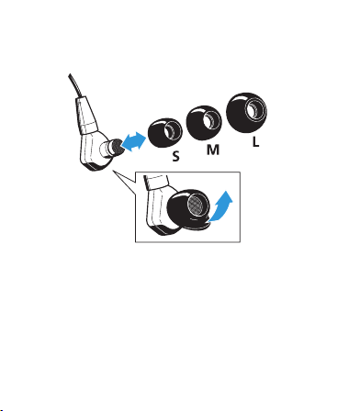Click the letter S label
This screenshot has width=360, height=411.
coord(175,156)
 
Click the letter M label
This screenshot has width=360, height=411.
coord(213,150)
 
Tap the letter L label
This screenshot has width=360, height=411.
coord(255,142)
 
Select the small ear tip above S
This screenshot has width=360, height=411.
coord(164,132)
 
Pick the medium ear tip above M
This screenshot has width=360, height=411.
coord(204,122)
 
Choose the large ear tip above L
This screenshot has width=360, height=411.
coord(246,112)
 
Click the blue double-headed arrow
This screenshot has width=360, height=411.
coord(134,141)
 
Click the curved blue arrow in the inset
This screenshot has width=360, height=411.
coord(221,206)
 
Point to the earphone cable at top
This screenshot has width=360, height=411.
coord(74,85)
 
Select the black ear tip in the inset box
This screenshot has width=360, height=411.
coord(187,209)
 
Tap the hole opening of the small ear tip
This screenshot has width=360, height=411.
coord(173,130)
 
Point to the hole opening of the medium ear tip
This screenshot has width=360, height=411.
coord(212,120)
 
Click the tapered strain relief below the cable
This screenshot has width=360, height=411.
coord(86,115)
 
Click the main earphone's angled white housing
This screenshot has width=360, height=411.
coord(94,150)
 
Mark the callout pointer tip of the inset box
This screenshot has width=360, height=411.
coord(113,171)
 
